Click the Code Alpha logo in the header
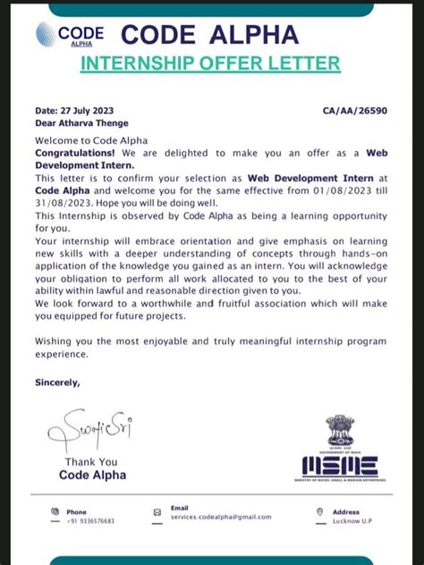tap(69, 35)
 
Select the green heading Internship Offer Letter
tap(210, 63)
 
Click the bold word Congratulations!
tap(70, 154)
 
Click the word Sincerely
tap(57, 382)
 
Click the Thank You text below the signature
tap(91, 462)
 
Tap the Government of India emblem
tap(340, 431)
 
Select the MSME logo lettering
tap(339, 465)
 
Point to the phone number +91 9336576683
tap(90, 520)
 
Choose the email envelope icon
tap(157, 513)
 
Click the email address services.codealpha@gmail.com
tap(220, 517)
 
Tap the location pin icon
tap(319, 512)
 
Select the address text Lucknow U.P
tap(353, 520)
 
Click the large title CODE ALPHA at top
tap(209, 34)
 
